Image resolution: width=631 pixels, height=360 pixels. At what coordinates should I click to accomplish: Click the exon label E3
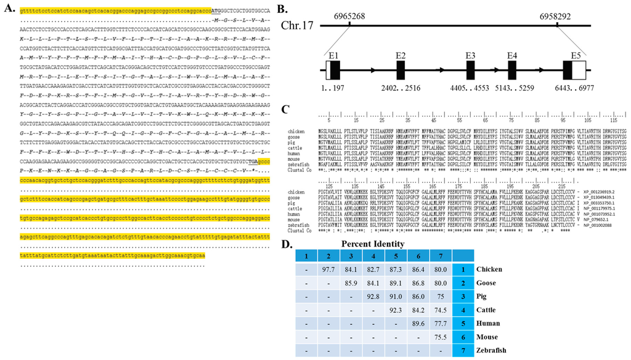pyautogui.click(x=471, y=55)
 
